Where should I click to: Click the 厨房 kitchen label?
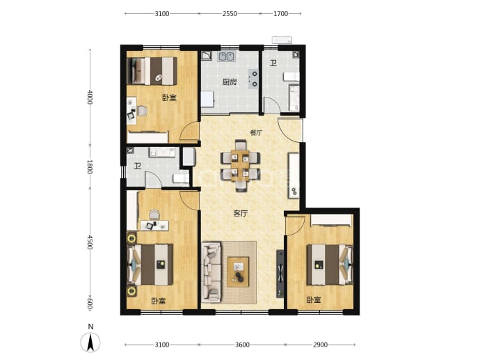(x=230, y=82)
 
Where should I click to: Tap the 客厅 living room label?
(x=241, y=214)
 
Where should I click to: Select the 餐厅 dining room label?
(x=256, y=133)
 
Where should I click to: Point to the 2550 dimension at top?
(x=230, y=13)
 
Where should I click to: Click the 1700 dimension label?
(x=281, y=13)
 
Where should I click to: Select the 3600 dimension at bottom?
(x=242, y=345)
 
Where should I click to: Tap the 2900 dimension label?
(x=320, y=345)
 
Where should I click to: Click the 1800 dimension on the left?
(x=90, y=166)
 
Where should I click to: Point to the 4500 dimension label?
(x=90, y=242)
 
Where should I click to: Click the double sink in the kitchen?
(x=227, y=56)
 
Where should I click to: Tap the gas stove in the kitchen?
(x=254, y=79)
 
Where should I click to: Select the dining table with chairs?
(x=241, y=166)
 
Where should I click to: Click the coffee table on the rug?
(x=238, y=272)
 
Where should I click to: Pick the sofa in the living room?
(x=211, y=272)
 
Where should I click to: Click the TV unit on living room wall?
(x=280, y=274)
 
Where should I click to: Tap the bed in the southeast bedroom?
(x=330, y=264)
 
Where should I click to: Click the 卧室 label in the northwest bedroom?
(x=169, y=98)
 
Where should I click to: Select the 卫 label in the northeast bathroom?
(x=273, y=63)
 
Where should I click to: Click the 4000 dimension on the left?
(x=90, y=97)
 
